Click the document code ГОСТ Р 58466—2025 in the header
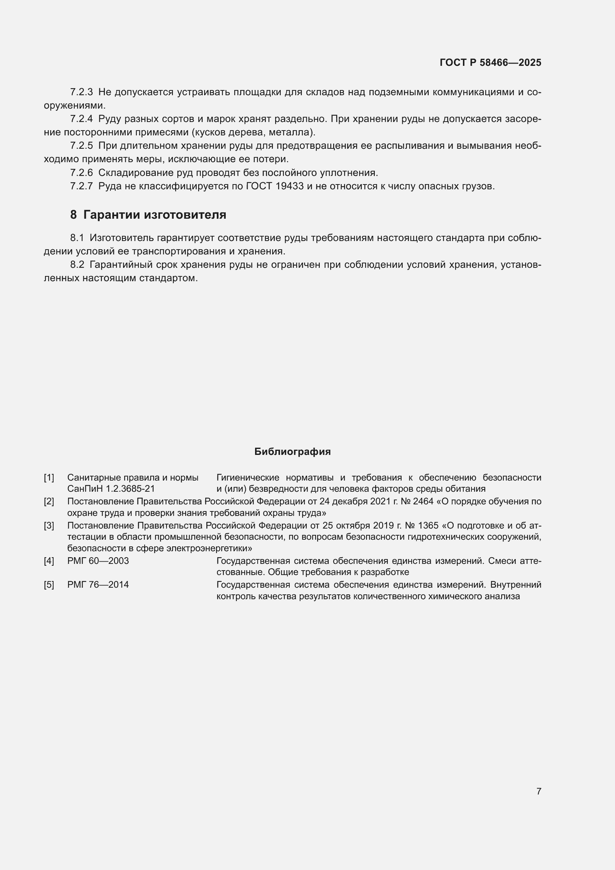click(490, 62)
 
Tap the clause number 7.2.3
click(81, 92)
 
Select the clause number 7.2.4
click(81, 119)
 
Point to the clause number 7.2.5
click(81, 146)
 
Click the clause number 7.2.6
click(81, 173)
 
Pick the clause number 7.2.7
click(81, 186)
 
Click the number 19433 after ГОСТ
click(290, 186)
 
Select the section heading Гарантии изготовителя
click(155, 215)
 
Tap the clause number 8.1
click(77, 238)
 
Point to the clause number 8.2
click(77, 264)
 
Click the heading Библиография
click(292, 452)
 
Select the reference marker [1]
click(49, 478)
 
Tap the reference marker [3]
click(49, 526)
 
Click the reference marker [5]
click(49, 585)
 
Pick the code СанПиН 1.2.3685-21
click(111, 489)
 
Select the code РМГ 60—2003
click(98, 561)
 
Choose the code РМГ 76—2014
click(98, 585)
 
